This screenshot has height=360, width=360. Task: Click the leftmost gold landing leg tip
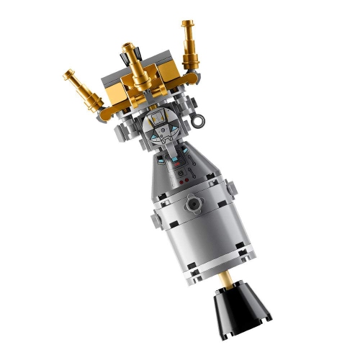coord(70,74)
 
